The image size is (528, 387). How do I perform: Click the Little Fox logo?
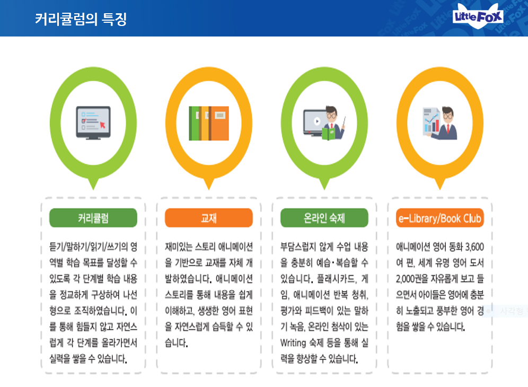tap(478, 17)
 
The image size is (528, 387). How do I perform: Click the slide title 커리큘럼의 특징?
tap(81, 19)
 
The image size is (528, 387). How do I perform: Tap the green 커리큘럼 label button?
tap(93, 217)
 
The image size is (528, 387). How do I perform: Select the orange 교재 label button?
tap(208, 217)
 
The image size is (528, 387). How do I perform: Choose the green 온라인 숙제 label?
tap(324, 217)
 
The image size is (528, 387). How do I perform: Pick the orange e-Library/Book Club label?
tap(440, 218)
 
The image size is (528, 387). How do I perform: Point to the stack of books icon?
tap(209, 123)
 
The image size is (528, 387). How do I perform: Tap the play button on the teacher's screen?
tap(316, 120)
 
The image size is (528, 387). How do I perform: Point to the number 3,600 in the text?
tap(474, 247)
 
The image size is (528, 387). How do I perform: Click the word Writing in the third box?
tap(293, 343)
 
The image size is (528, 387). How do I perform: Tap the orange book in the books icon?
tap(219, 123)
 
